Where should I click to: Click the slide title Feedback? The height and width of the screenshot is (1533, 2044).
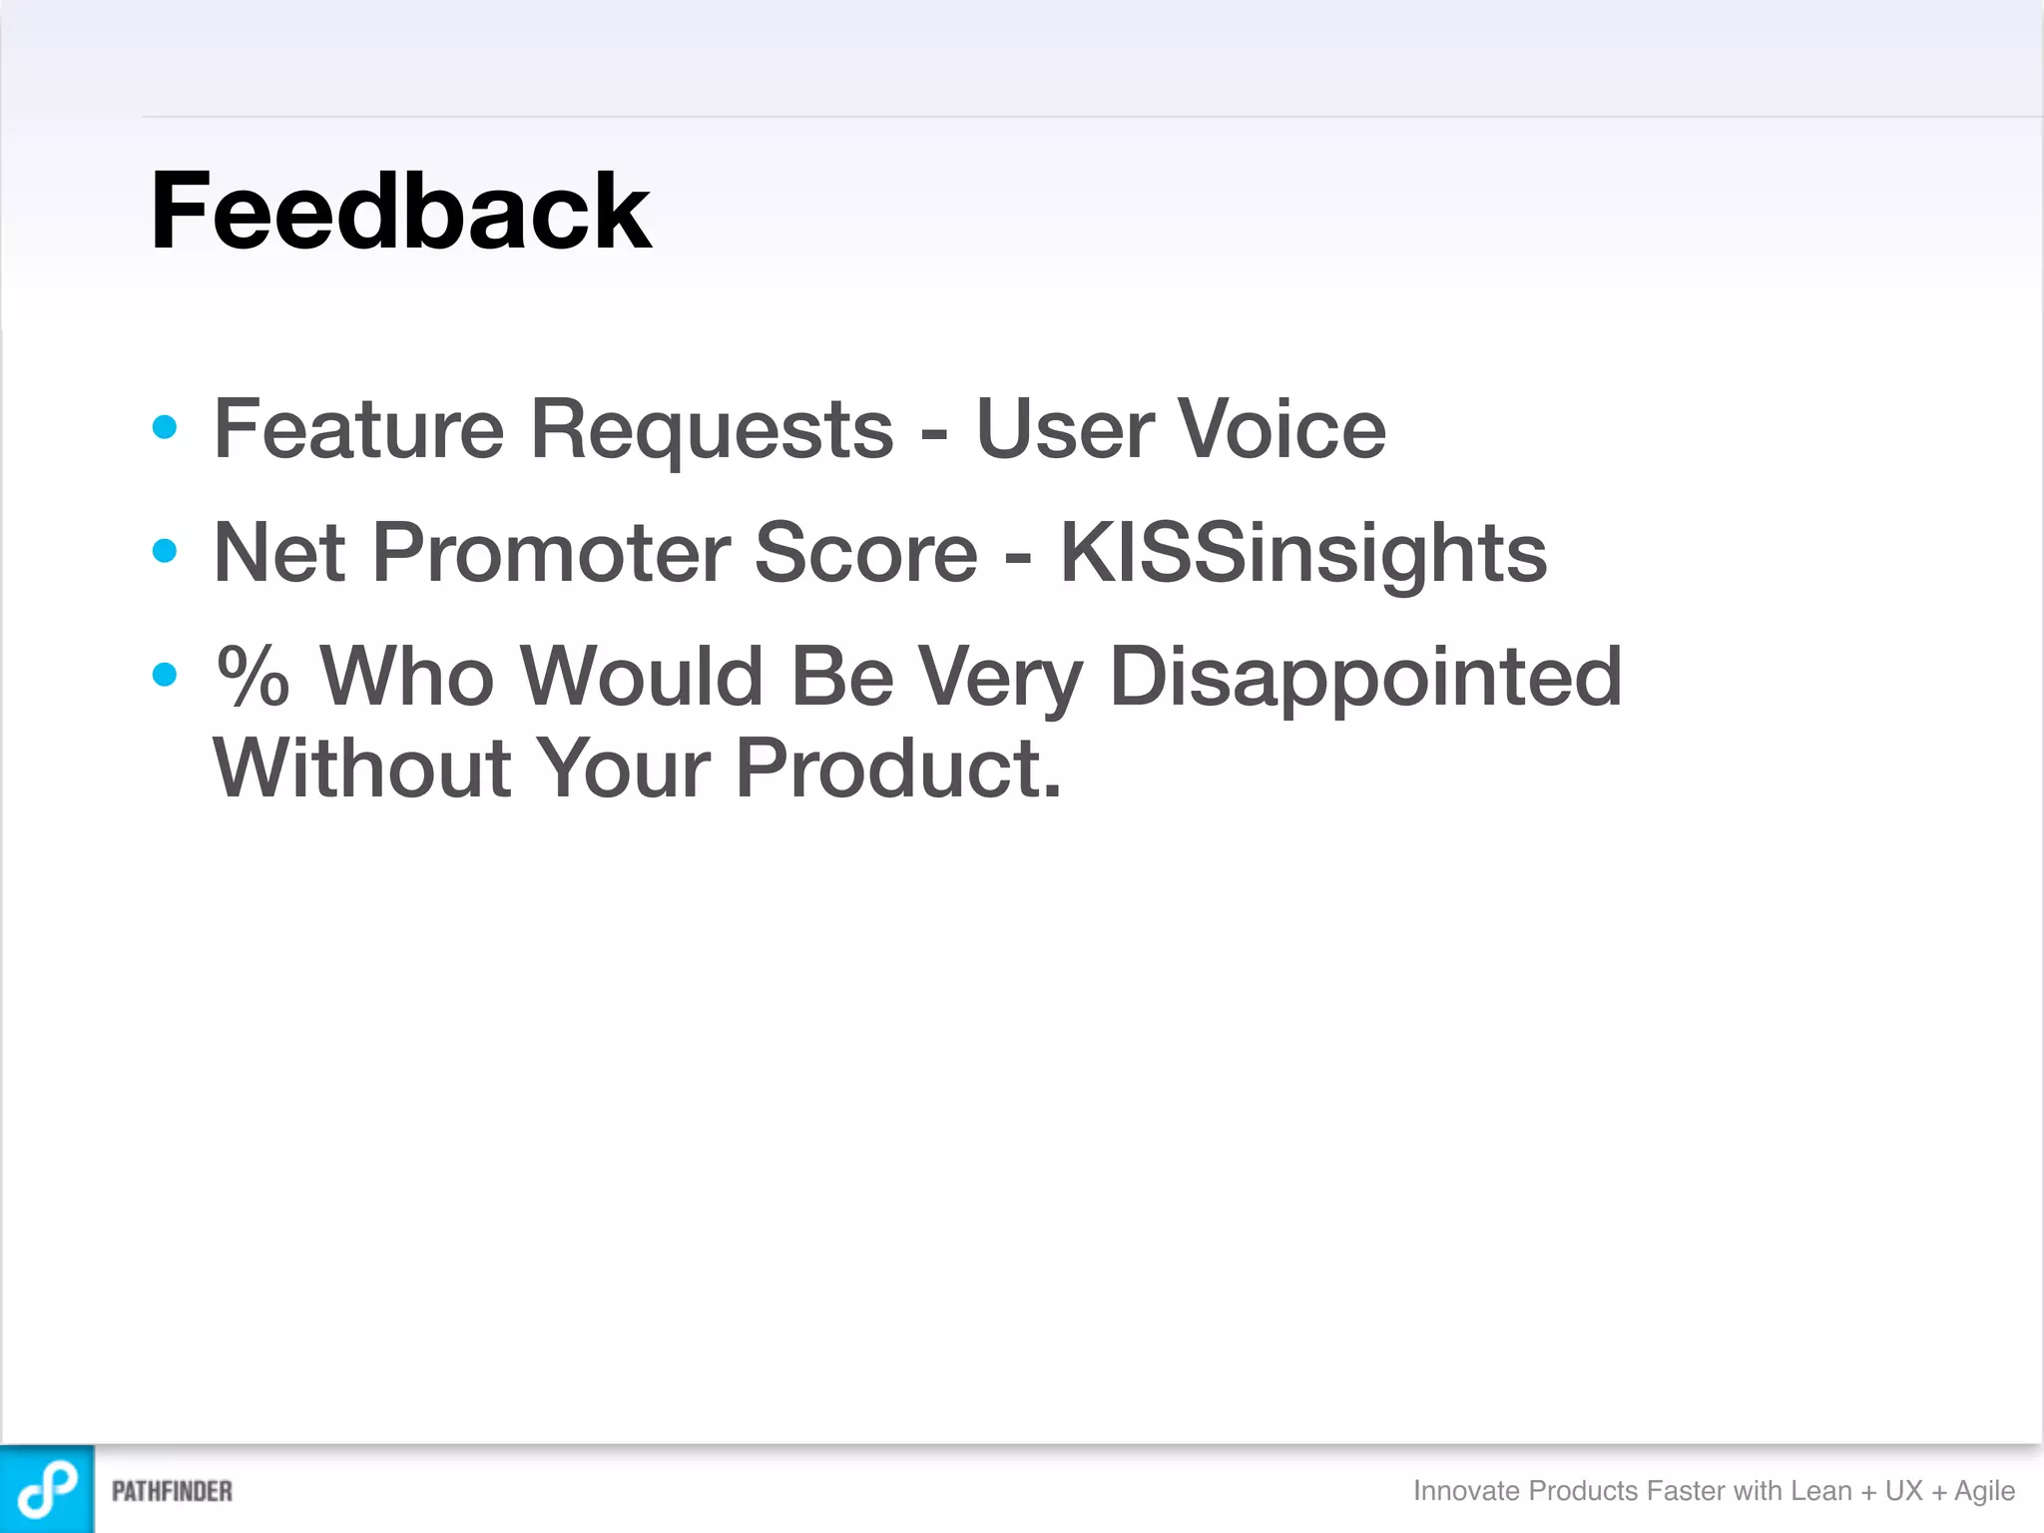coord(399,212)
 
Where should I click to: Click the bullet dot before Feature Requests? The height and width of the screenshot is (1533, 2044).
coord(165,428)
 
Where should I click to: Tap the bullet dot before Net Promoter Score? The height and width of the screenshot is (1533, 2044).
coord(165,551)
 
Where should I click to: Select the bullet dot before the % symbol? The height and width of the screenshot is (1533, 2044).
coord(165,675)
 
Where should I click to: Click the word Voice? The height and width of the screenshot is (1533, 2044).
coord(1281,429)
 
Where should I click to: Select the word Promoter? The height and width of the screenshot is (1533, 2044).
coord(551,553)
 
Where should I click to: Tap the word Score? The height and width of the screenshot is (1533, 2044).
coord(865,553)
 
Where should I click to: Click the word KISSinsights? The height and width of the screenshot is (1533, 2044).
coord(1302,555)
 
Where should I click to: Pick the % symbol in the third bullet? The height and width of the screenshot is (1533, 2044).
coord(254,677)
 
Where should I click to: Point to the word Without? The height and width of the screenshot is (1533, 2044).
coord(362,768)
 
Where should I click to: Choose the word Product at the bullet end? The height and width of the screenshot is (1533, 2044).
coord(897,768)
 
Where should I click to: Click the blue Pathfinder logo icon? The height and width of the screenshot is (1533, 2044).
coord(47,1488)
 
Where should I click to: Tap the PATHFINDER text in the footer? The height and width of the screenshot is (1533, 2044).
coord(172,1491)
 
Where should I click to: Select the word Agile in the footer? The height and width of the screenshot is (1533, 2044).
coord(1984,1491)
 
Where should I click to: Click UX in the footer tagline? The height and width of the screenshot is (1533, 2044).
coord(1903,1490)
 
